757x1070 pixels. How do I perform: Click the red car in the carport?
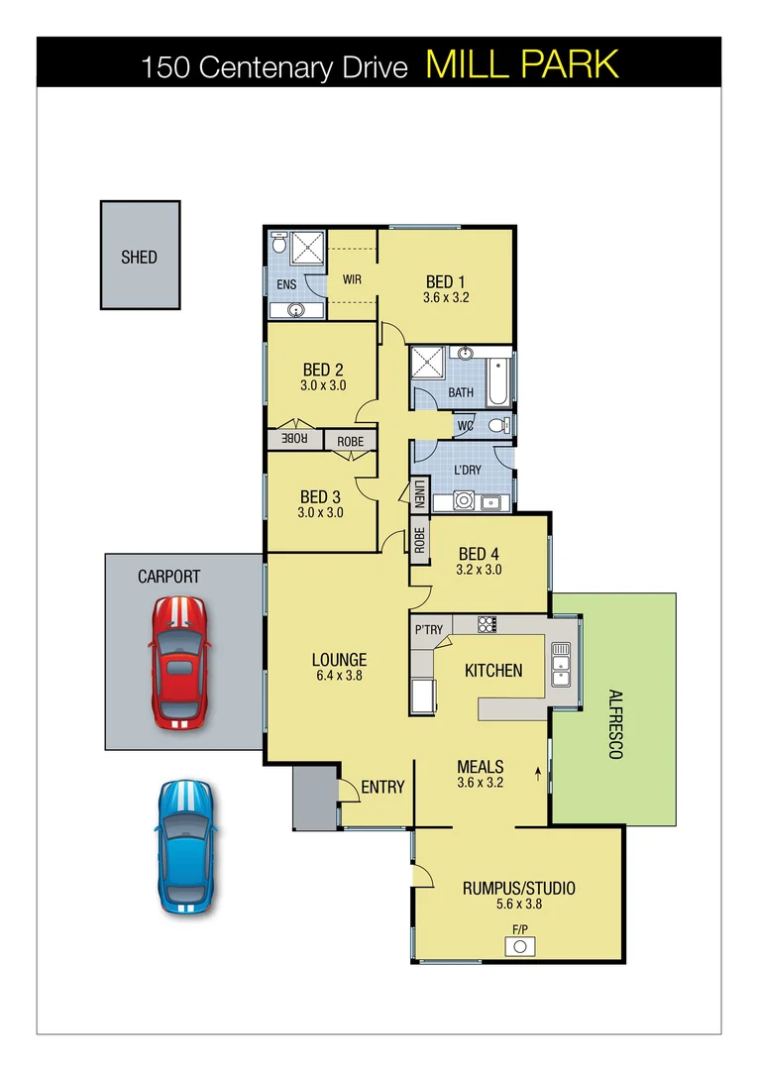tap(179, 663)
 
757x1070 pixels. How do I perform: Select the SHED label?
tap(139, 257)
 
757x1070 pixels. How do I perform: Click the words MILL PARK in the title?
tap(522, 64)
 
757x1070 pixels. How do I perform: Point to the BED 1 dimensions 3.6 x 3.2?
tap(445, 297)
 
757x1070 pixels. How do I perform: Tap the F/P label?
tap(519, 929)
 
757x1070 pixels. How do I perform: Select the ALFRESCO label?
tap(614, 723)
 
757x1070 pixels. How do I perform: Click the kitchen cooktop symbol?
tap(487, 624)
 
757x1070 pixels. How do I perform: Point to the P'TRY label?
tap(428, 630)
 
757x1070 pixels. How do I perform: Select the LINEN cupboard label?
tap(420, 493)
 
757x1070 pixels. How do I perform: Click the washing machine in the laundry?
tap(463, 501)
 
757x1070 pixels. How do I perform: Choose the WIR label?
tap(352, 279)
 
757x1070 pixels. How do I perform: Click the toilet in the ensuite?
tap(279, 243)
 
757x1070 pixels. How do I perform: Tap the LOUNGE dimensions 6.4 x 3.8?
tap(339, 677)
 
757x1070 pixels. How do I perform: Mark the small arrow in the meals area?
tap(538, 769)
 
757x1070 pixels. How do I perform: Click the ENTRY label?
tap(382, 787)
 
